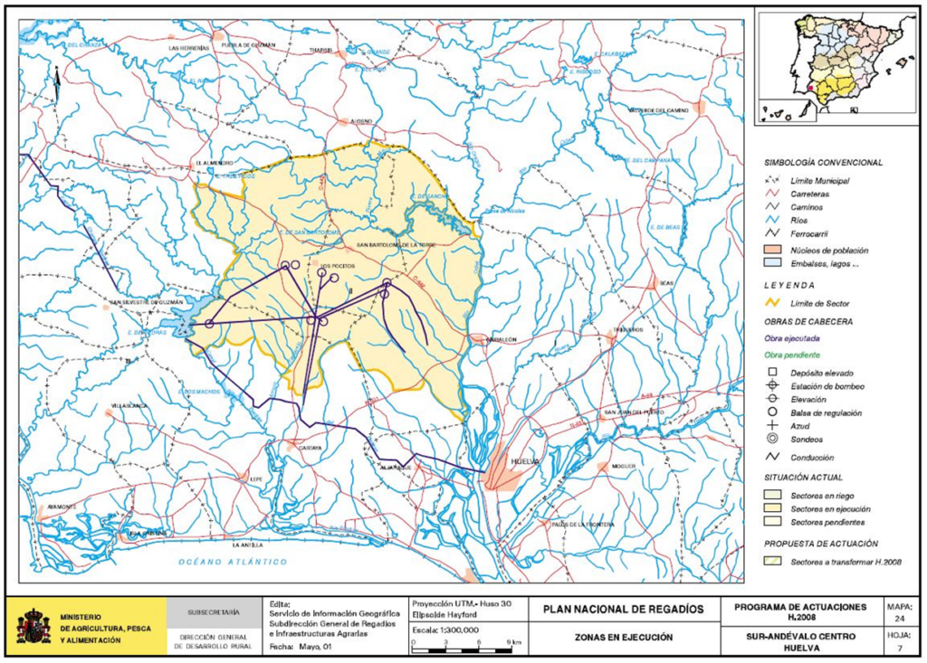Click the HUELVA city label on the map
[x=524, y=460]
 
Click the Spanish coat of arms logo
[x=33, y=626]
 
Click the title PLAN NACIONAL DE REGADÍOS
[x=623, y=610]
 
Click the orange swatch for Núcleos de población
[x=772, y=248]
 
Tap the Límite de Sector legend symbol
[x=772, y=301]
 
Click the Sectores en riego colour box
[x=772, y=495]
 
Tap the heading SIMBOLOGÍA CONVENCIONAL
[x=823, y=162]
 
